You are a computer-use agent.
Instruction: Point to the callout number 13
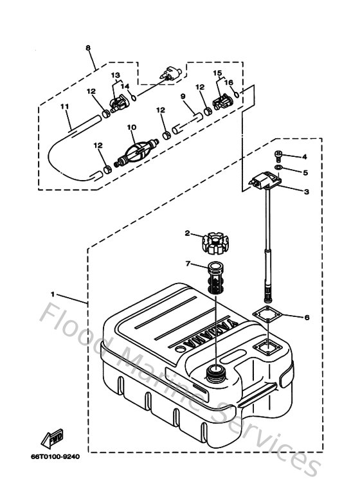(x=115, y=75)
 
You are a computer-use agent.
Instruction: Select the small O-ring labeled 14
(x=132, y=96)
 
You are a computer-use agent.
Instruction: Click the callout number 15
(x=217, y=73)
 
